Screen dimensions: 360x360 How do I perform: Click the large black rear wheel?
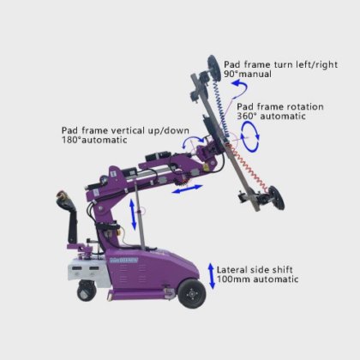coord(192,294)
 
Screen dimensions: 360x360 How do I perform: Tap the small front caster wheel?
coord(87,291)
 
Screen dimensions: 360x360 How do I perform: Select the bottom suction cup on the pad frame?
coord(276,198)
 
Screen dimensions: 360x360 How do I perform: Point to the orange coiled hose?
coord(249,168)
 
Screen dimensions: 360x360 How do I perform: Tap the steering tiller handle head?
coord(63,199)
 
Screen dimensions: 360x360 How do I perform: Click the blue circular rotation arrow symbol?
coord(249,136)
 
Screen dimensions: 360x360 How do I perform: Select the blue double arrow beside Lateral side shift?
coord(211,276)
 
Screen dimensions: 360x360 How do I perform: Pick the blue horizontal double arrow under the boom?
coord(187,189)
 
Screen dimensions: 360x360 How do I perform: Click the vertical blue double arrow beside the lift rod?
coord(133,214)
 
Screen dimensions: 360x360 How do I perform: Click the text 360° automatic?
coord(271,117)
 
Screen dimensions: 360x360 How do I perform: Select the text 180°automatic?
coord(94,140)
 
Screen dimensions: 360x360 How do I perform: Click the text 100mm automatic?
coord(257,279)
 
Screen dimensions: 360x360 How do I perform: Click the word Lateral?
coord(232,270)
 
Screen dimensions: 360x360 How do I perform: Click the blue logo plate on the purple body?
coord(124,261)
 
